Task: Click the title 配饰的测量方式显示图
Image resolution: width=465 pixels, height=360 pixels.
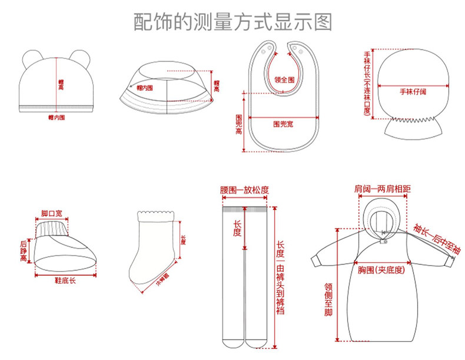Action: (x=232, y=22)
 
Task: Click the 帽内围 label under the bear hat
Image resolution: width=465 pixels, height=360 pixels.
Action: (x=57, y=117)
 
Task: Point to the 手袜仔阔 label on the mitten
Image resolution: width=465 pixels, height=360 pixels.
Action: (x=413, y=92)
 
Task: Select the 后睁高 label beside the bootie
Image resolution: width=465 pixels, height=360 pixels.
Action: (x=24, y=250)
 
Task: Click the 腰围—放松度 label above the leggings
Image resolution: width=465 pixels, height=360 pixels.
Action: (x=244, y=189)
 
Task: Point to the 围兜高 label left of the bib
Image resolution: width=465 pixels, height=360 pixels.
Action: (x=239, y=124)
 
